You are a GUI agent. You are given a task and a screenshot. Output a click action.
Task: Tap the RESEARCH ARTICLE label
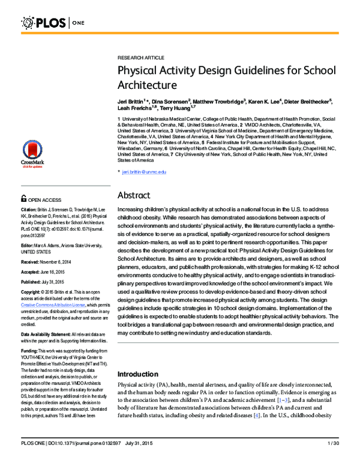coord(138,52)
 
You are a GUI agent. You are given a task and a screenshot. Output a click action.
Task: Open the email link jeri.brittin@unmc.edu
coord(144,172)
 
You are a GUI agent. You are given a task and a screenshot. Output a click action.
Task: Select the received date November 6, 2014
coord(65,262)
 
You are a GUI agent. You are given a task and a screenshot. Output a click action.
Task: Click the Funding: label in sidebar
coord(31,349)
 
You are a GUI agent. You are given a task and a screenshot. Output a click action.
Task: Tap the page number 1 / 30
coord(333,459)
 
